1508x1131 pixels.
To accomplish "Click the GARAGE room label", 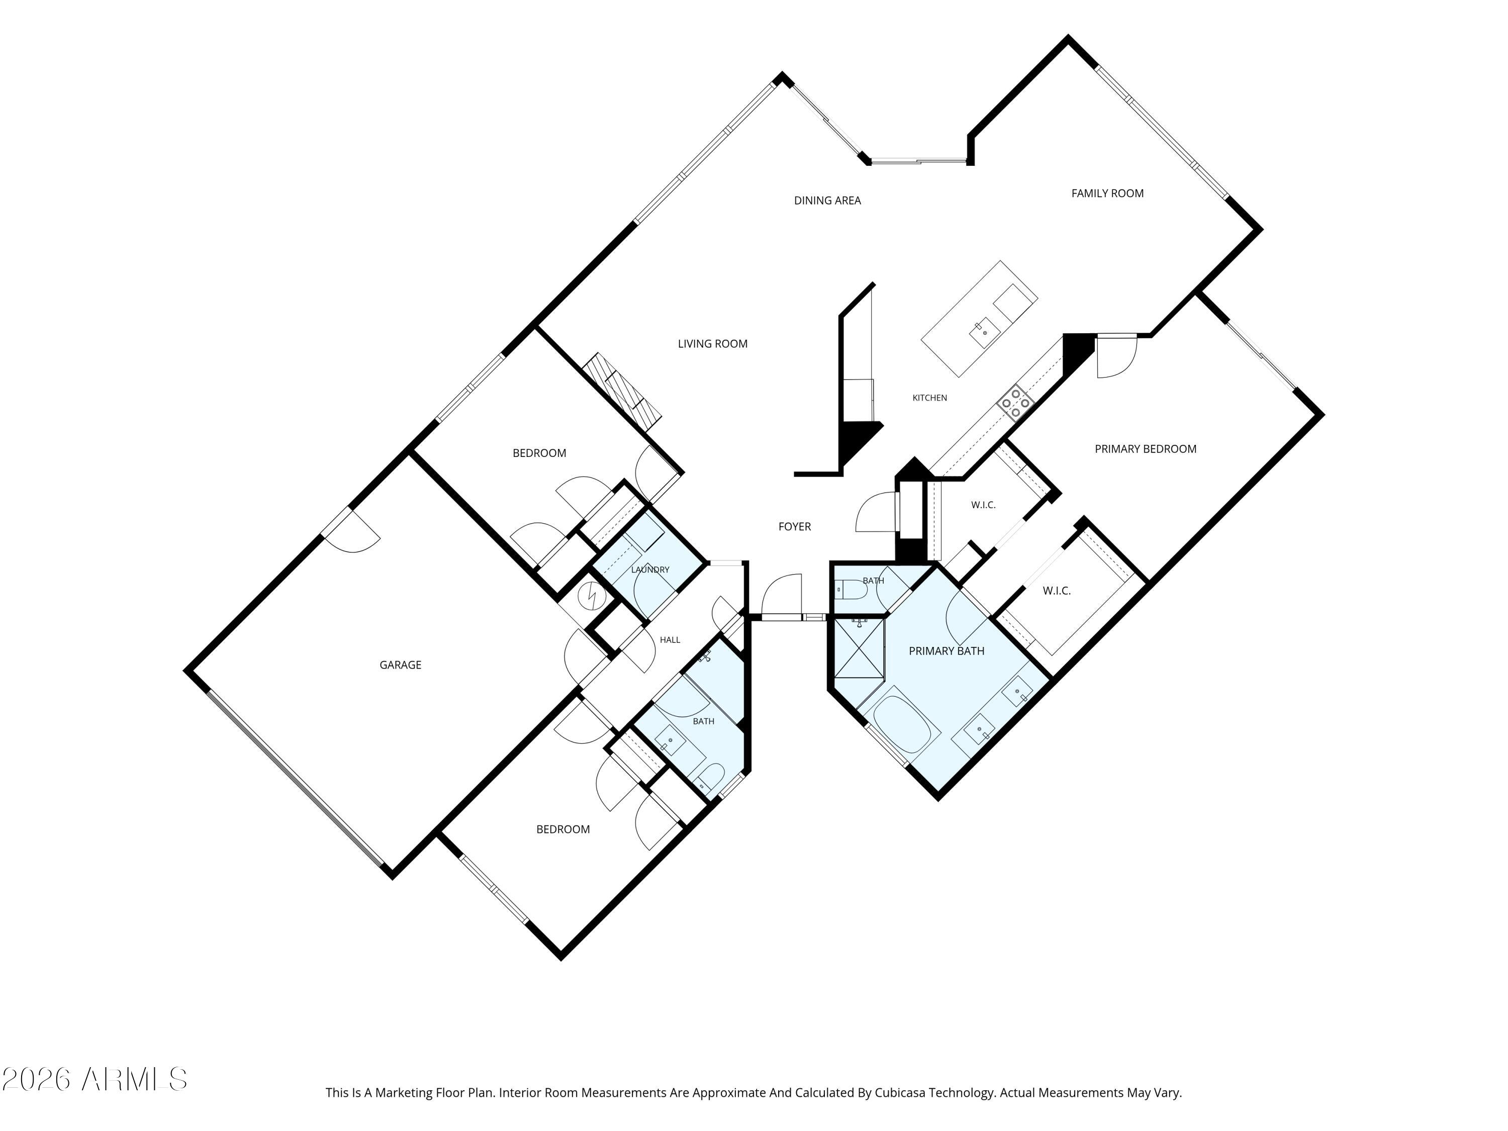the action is pos(400,665).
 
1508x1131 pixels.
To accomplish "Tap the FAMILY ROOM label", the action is pos(1107,194).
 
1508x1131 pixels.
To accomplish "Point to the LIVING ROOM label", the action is pos(712,344).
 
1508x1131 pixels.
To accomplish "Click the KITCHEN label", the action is pos(929,398).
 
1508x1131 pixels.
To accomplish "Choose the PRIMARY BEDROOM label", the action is pos(1145,448).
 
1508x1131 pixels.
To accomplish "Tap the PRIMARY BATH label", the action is pos(946,651).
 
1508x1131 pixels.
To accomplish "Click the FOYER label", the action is pos(794,526).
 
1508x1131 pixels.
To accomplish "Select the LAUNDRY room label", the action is pos(649,569).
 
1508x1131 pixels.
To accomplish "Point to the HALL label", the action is pos(670,639).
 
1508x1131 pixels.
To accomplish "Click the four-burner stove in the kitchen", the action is pos(1015,402).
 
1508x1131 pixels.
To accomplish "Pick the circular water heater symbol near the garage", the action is pos(591,597).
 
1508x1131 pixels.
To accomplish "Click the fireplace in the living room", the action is pos(622,391).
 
